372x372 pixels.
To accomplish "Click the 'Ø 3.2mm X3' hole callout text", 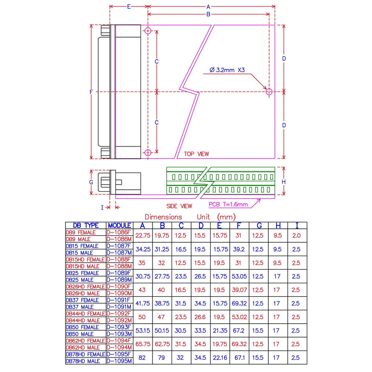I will point(227,70).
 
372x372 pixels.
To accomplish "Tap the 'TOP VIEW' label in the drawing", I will point(197,154).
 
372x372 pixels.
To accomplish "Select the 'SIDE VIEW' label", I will point(179,206).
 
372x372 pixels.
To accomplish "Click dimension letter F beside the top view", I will point(91,92).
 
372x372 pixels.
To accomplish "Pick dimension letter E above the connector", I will point(128,7).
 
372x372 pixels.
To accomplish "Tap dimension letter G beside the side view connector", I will point(91,182).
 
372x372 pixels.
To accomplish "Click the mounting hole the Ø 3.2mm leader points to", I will point(269,92).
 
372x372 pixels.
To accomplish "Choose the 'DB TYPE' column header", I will point(86,225).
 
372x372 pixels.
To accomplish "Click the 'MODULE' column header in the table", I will point(120,225).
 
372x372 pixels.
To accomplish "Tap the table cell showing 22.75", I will point(143,236).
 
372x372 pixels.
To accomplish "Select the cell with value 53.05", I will point(239,276).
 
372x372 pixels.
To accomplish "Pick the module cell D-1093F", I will point(120,327).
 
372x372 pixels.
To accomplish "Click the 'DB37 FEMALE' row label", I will point(83,300).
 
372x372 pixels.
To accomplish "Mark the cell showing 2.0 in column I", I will point(295,236).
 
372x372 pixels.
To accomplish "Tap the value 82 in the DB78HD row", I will point(143,358).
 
